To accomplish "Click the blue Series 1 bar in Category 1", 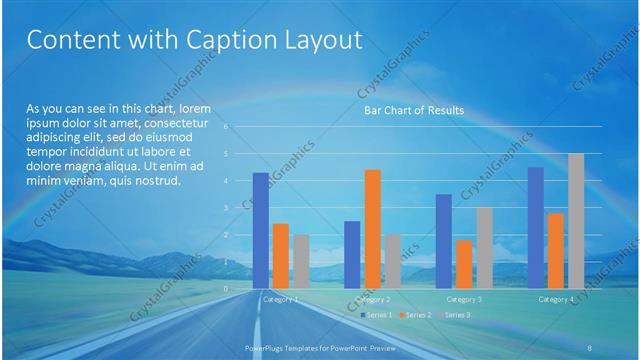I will [260, 230].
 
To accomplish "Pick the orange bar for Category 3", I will [464, 263].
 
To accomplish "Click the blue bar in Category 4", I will [536, 227].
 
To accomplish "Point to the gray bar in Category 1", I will [301, 261].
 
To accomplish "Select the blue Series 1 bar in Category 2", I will [352, 254].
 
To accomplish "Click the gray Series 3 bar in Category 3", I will [484, 247].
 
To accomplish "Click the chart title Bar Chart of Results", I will [413, 110].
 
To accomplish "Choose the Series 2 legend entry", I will [419, 315].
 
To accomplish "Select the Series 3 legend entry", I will [458, 315].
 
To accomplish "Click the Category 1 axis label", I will [280, 299].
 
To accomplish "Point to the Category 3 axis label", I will [464, 299].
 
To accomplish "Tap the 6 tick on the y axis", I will [227, 127].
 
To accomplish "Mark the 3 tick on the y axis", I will [227, 207].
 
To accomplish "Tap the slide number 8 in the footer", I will [590, 346].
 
